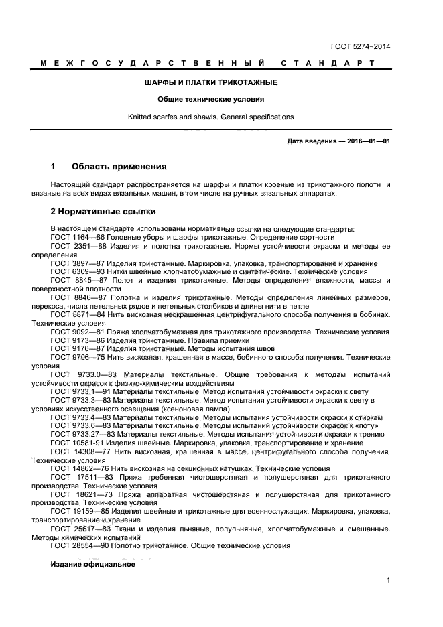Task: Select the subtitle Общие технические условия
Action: pos(211,99)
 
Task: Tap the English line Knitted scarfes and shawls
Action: pos(211,117)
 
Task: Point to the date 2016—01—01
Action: pos(368,142)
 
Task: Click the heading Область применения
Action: pos(119,166)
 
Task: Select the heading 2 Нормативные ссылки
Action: pos(103,212)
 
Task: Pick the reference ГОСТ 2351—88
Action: pos(78,247)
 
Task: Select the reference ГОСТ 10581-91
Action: pos(79,443)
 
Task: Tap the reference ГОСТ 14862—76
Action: pos(79,468)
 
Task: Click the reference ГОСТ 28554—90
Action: pos(79,545)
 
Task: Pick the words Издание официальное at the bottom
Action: pos(92,565)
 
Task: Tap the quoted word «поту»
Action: pos(370,425)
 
